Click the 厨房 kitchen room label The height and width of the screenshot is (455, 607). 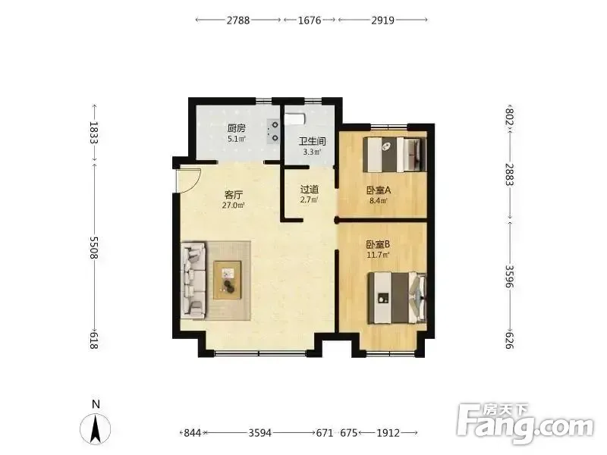point(236,128)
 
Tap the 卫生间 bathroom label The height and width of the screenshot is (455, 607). point(312,141)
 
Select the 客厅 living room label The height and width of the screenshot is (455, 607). point(233,195)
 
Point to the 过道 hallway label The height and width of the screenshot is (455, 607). point(310,190)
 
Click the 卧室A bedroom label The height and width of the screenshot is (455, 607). point(379,190)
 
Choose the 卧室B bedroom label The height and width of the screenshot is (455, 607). point(378,244)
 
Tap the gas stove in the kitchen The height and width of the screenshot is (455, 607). point(273,131)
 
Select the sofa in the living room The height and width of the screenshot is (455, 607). point(193,281)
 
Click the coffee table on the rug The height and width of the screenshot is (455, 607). point(228,280)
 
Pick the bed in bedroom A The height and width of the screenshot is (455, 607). point(395,155)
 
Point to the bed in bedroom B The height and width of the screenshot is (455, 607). point(397,298)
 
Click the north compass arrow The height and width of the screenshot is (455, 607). point(96,428)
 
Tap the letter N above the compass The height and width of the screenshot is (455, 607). point(96,404)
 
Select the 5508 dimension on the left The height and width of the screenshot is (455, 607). point(93,248)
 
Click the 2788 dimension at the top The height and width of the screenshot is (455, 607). point(238,20)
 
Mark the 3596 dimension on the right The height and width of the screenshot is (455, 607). point(509,276)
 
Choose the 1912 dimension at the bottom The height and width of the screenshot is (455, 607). point(388,432)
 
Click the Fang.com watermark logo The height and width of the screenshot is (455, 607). point(524,424)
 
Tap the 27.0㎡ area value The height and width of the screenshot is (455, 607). point(233,206)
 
